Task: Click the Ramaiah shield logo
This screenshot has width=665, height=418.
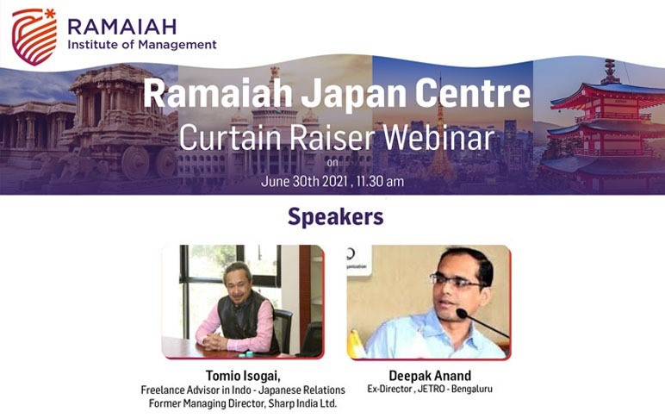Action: [x=34, y=37]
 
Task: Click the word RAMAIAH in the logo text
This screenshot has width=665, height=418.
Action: [x=122, y=27]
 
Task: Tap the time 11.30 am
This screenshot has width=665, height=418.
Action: [x=381, y=182]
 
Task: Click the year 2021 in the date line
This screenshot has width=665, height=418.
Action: [x=335, y=182]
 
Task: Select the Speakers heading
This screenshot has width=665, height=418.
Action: [x=335, y=217]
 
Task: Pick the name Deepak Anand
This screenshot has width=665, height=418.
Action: [x=430, y=376]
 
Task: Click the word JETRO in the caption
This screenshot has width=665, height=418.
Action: [x=431, y=390]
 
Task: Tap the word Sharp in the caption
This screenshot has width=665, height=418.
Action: [x=279, y=403]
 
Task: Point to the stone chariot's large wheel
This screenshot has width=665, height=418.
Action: [x=135, y=163]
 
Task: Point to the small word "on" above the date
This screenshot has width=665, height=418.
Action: [x=332, y=163]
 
